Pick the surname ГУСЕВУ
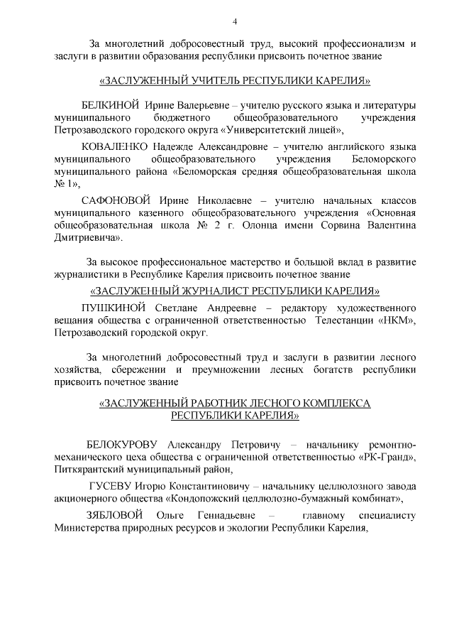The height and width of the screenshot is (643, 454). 109,486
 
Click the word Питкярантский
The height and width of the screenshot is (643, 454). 87,470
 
